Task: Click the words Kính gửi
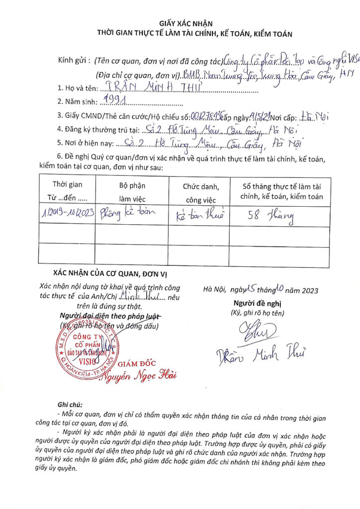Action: (x=74, y=61)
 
